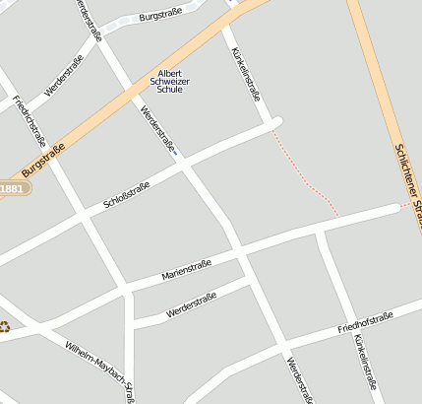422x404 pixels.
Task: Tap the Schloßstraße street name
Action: [x=127, y=196]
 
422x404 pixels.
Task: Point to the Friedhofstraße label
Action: [x=365, y=321]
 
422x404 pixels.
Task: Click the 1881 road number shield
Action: [x=12, y=188]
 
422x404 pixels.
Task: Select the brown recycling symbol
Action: [x=5, y=327]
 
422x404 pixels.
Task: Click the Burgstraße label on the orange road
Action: [x=42, y=161]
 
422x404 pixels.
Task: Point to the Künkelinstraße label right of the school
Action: [x=245, y=74]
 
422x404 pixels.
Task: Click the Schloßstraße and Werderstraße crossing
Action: [x=185, y=167]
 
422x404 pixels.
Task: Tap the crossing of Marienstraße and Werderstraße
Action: [x=240, y=254]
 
